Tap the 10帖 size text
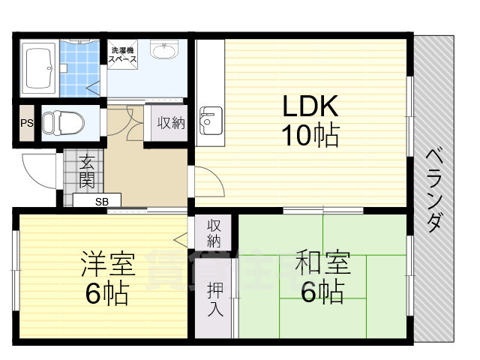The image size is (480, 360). (310, 135)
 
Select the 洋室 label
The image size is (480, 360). (108, 265)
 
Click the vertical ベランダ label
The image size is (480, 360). (435, 191)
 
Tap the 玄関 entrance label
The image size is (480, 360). (87, 172)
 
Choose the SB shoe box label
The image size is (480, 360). (102, 201)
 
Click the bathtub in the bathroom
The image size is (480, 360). (38, 68)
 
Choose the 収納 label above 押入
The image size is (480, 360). (214, 233)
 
